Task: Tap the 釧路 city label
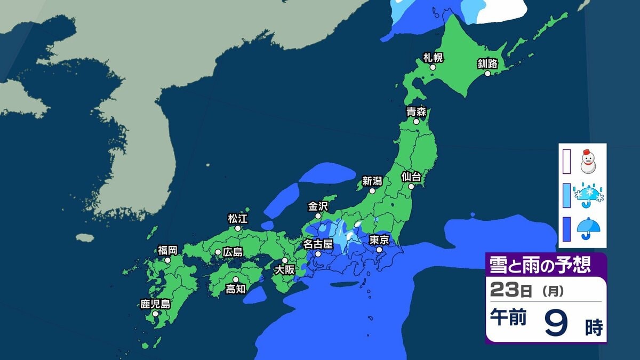[x=487, y=64]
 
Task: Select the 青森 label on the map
[x=415, y=112]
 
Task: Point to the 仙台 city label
[x=411, y=177]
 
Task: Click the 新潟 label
[x=372, y=180]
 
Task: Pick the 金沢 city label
[x=318, y=206]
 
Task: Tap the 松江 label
[x=237, y=218]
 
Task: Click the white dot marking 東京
[x=379, y=250]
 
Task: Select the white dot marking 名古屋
[x=318, y=254]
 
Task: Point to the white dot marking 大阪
[x=285, y=260]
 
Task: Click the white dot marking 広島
[x=218, y=252]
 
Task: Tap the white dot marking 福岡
[x=167, y=260]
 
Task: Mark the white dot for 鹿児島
[x=155, y=314]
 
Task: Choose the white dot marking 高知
[x=235, y=279]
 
